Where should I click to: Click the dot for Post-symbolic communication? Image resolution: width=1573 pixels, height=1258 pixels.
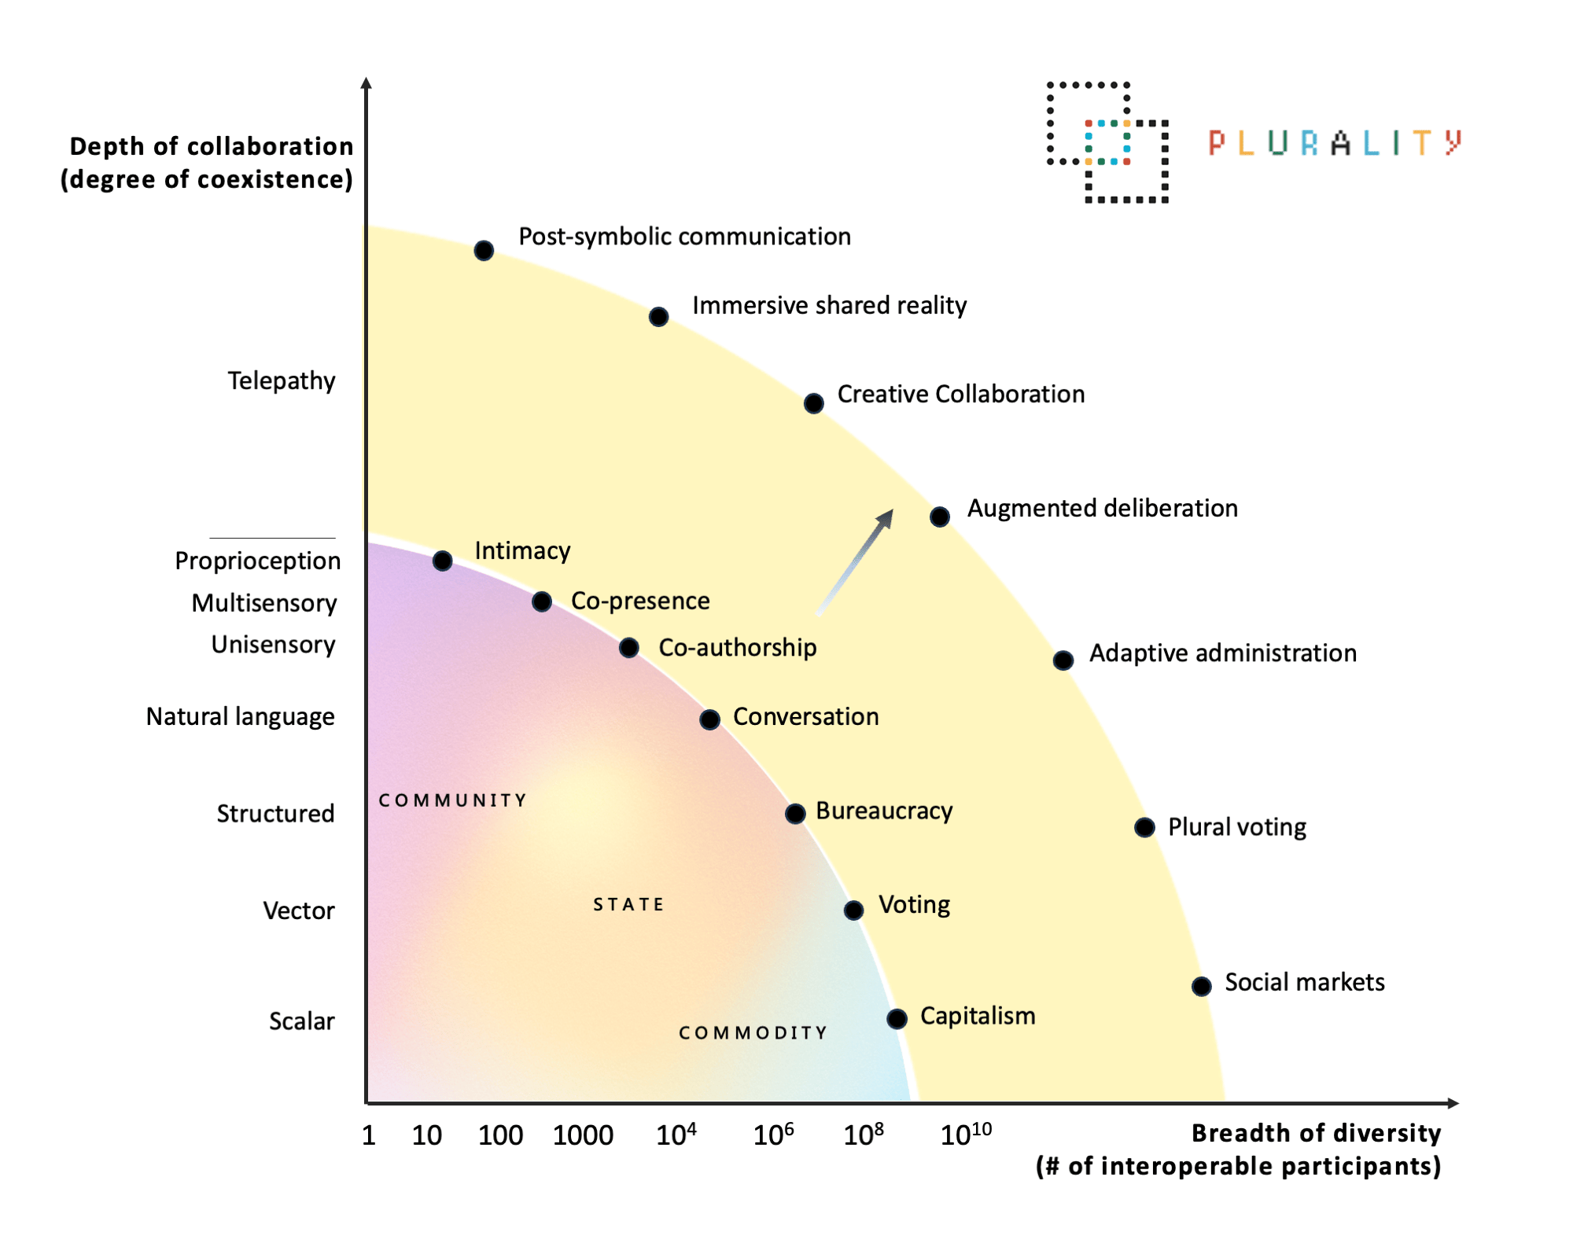[484, 251]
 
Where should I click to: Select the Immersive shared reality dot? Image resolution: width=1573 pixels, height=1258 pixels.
[658, 317]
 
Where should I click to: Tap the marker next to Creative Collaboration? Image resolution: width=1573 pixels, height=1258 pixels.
[813, 403]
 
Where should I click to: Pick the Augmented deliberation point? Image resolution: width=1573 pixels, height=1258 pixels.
[939, 517]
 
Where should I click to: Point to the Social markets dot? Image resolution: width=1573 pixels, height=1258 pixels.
[1201, 986]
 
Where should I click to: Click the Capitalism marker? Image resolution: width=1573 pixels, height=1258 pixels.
[897, 1019]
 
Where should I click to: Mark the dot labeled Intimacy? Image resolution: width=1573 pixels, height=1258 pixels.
[442, 561]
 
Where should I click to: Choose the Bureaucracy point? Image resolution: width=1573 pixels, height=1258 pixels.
[795, 814]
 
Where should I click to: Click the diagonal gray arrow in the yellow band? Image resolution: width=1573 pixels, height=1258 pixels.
[856, 561]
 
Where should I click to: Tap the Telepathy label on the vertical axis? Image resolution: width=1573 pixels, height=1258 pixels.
[282, 381]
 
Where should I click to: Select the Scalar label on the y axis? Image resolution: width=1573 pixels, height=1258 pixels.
[301, 1021]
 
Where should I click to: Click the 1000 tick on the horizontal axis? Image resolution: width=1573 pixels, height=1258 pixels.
[583, 1135]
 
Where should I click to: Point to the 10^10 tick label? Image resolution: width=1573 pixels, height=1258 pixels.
[966, 1134]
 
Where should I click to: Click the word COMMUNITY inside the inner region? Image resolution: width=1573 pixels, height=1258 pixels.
[452, 800]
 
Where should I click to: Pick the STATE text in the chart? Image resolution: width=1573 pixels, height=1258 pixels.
[628, 904]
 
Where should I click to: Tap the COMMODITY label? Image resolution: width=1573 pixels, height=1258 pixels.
[753, 1032]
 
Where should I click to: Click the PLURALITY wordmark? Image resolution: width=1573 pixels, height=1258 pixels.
[1335, 143]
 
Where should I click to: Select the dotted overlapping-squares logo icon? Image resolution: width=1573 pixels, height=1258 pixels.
[1107, 142]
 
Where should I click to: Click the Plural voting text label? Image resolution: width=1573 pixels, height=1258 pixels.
[1236, 827]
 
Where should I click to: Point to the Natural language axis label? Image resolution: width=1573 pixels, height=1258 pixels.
[241, 717]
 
